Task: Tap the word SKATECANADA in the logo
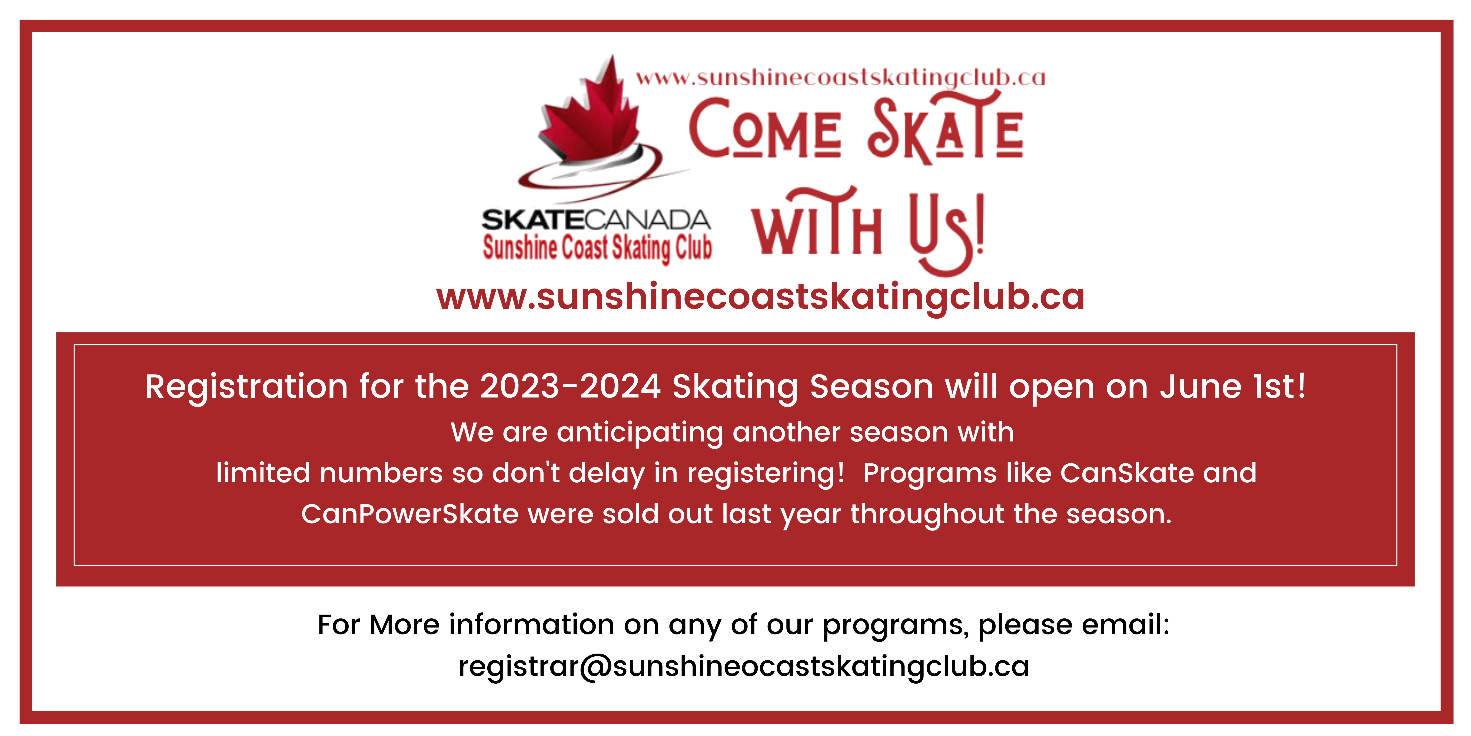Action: point(596,220)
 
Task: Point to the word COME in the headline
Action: point(765,129)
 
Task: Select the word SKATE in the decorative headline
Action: point(945,129)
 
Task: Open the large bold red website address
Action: point(760,297)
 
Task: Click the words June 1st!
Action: point(1232,387)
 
